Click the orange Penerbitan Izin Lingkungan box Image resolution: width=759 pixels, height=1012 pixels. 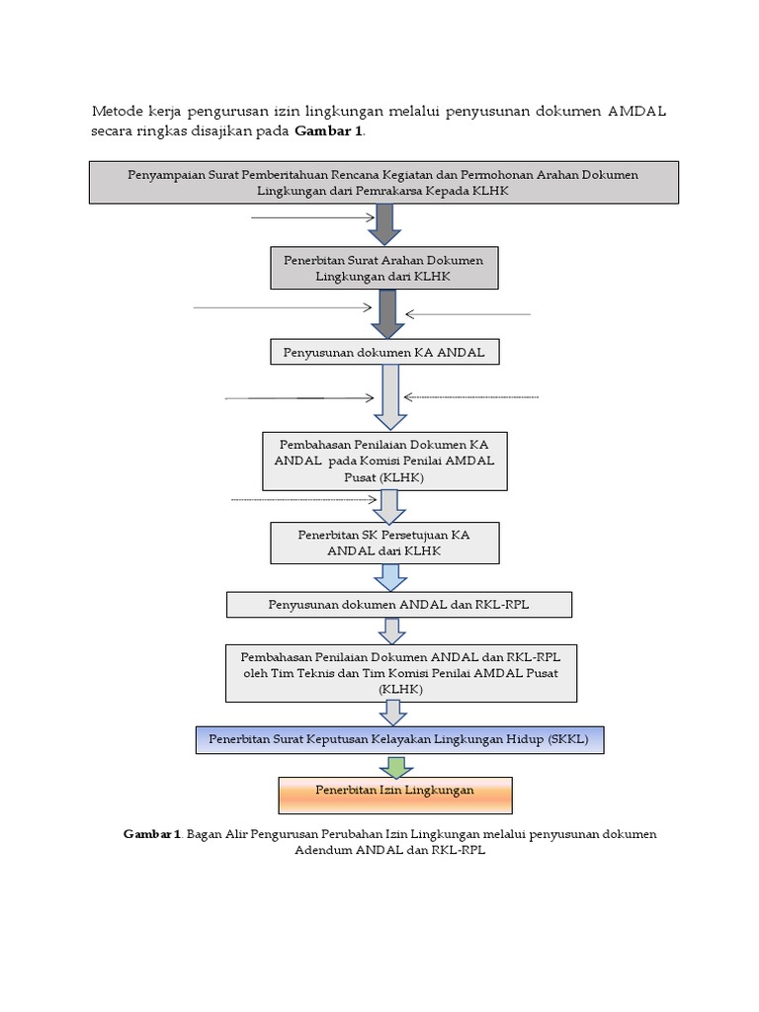(395, 795)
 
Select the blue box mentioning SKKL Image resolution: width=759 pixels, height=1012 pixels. (399, 739)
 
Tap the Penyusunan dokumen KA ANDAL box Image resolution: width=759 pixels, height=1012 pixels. (384, 352)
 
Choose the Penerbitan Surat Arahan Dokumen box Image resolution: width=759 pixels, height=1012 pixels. (384, 268)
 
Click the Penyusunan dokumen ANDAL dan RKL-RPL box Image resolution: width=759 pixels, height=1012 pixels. (399, 605)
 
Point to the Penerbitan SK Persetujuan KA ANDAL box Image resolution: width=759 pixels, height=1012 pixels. (384, 543)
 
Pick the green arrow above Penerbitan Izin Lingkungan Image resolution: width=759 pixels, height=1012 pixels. (395, 766)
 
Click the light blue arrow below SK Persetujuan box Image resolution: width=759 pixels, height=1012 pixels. (390, 577)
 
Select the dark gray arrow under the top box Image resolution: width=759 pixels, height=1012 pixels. (384, 224)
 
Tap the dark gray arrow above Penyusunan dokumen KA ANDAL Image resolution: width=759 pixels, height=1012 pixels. (387, 314)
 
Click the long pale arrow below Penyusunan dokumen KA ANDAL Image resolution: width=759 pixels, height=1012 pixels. (390, 397)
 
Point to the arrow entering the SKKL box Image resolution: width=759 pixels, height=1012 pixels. (392, 714)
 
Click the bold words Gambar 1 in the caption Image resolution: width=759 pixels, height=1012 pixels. (151, 834)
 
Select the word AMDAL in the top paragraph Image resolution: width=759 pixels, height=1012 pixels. (636, 111)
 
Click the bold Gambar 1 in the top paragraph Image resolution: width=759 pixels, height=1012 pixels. (328, 131)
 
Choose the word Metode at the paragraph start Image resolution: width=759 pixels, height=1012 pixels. (118, 111)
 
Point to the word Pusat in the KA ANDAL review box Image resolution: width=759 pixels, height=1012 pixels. (360, 477)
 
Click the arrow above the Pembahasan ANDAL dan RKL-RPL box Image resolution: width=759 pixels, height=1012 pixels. (391, 632)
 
